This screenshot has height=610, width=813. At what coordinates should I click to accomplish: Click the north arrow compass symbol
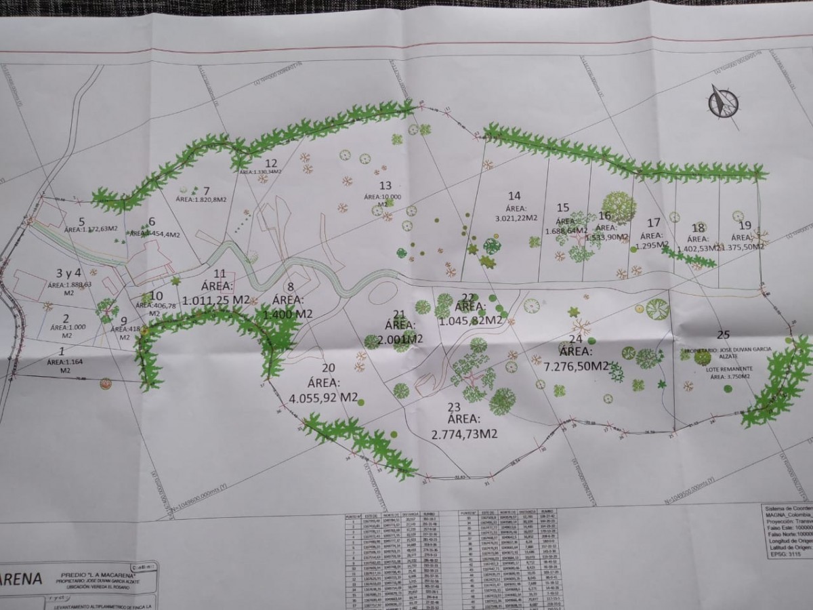tap(723, 101)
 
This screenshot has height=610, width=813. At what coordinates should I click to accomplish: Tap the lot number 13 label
tap(385, 185)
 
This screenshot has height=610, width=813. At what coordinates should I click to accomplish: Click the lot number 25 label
tap(723, 334)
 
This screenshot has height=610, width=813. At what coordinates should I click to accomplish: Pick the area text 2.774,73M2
tap(464, 433)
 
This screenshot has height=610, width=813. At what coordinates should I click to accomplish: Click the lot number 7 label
tap(206, 190)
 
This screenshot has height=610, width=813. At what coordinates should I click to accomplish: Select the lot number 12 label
tap(271, 163)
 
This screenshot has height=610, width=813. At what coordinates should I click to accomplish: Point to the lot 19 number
tap(745, 226)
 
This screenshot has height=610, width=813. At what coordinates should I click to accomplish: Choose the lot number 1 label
tap(62, 351)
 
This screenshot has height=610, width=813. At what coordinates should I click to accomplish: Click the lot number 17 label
tap(654, 222)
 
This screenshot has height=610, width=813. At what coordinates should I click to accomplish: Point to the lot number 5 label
tap(82, 221)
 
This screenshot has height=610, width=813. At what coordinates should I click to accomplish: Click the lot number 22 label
tap(468, 298)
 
